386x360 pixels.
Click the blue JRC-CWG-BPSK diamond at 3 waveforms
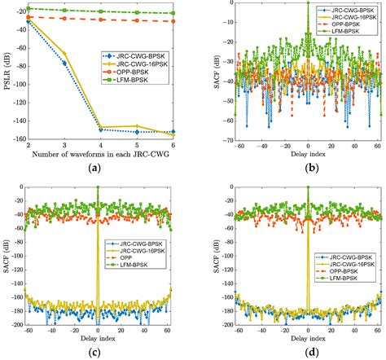64,64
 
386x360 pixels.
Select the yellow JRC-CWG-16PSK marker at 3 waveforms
64,55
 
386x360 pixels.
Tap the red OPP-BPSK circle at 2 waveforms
29,17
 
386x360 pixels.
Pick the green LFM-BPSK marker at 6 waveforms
173,13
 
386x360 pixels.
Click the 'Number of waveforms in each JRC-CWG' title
100,153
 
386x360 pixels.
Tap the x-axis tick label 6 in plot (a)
173,145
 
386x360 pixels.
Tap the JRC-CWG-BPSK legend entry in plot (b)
349,8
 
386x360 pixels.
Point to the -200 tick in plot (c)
16,325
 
